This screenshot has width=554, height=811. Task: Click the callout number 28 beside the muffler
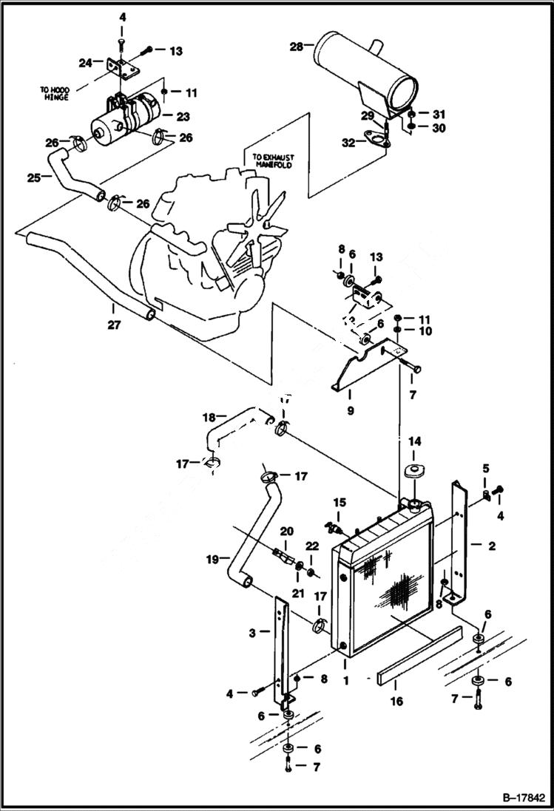click(x=295, y=47)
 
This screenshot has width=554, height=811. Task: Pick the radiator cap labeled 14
click(x=413, y=472)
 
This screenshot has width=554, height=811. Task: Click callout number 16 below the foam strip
click(x=396, y=701)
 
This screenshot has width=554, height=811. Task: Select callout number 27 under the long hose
click(x=112, y=323)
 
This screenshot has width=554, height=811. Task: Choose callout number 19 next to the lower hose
click(x=213, y=560)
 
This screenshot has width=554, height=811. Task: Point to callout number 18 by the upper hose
click(x=209, y=417)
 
